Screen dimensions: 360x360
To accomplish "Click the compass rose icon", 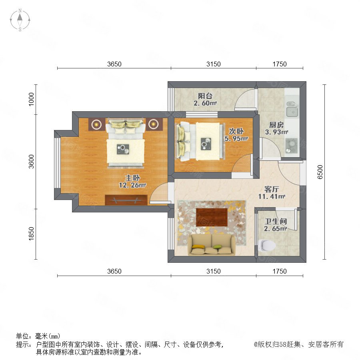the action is tap(20, 20).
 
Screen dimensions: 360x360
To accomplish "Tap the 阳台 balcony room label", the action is tap(205, 96).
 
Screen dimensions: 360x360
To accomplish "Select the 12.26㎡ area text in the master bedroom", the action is tap(132, 185).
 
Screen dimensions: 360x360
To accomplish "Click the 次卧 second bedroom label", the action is tap(236, 131).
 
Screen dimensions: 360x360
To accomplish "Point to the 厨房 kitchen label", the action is tap(276, 125).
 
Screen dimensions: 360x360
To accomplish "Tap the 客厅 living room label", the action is tap(272, 189).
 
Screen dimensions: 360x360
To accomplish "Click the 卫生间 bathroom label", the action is tap(276, 221).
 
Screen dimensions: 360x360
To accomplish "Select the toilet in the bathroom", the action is tap(267, 246).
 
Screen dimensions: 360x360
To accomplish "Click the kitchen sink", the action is tap(292, 109).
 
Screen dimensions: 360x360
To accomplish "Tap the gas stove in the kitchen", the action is tap(292, 146).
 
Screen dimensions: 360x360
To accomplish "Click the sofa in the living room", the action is tap(212, 245).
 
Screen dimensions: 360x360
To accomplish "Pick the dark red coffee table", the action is tap(212, 217).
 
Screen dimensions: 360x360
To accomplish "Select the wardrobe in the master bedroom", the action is tap(126, 200).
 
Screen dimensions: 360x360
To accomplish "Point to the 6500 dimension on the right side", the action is tap(320, 172).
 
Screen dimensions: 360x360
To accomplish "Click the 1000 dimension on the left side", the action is tap(31, 99).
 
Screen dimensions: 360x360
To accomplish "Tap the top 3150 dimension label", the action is tap(214, 64).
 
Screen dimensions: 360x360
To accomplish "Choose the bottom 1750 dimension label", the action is tap(280, 271).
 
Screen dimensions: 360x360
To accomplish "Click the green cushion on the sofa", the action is tap(217, 247).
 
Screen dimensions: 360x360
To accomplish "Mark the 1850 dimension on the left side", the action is tap(31, 234).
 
